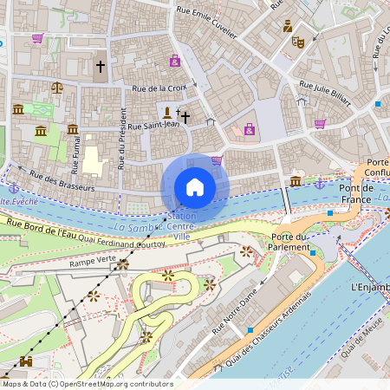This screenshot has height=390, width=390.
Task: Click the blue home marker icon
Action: [195, 187]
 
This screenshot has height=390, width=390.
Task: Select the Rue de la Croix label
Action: [159, 88]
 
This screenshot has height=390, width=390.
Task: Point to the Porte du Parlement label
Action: [290, 242]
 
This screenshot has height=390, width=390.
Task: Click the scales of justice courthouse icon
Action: [57, 87]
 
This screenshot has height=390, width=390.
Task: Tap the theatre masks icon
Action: [298, 42]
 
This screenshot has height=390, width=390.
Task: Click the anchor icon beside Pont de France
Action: [319, 183]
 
